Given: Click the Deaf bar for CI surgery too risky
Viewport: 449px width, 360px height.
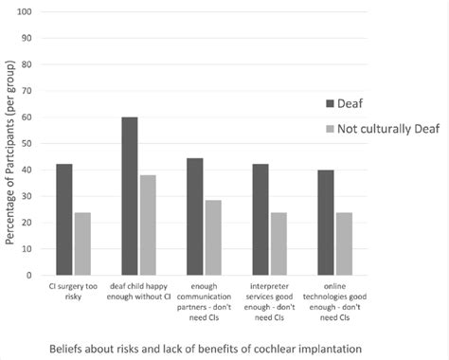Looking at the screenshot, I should click(x=63, y=220).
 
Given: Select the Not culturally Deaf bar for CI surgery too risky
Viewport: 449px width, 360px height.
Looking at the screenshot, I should click(x=83, y=243).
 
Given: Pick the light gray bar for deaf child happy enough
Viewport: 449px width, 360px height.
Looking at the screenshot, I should click(x=148, y=225).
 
